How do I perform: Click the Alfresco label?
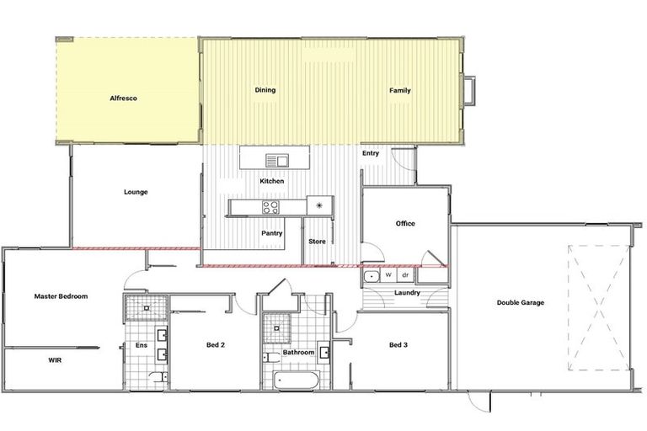pos(123,98)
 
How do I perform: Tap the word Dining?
pos(265,90)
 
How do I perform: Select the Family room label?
pos(399,90)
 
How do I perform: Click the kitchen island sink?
pos(276,160)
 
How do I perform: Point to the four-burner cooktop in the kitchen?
pos(271,206)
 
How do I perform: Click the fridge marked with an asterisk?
pos(319,205)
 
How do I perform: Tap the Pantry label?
pos(271,233)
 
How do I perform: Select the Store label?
pos(317,242)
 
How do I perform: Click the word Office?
pos(405,223)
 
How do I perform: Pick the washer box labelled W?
pos(388,275)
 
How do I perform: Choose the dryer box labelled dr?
pos(405,275)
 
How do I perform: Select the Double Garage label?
pos(520,302)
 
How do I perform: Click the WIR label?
pos(55,359)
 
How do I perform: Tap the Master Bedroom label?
pos(61,296)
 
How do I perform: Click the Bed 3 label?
pos(398,345)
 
